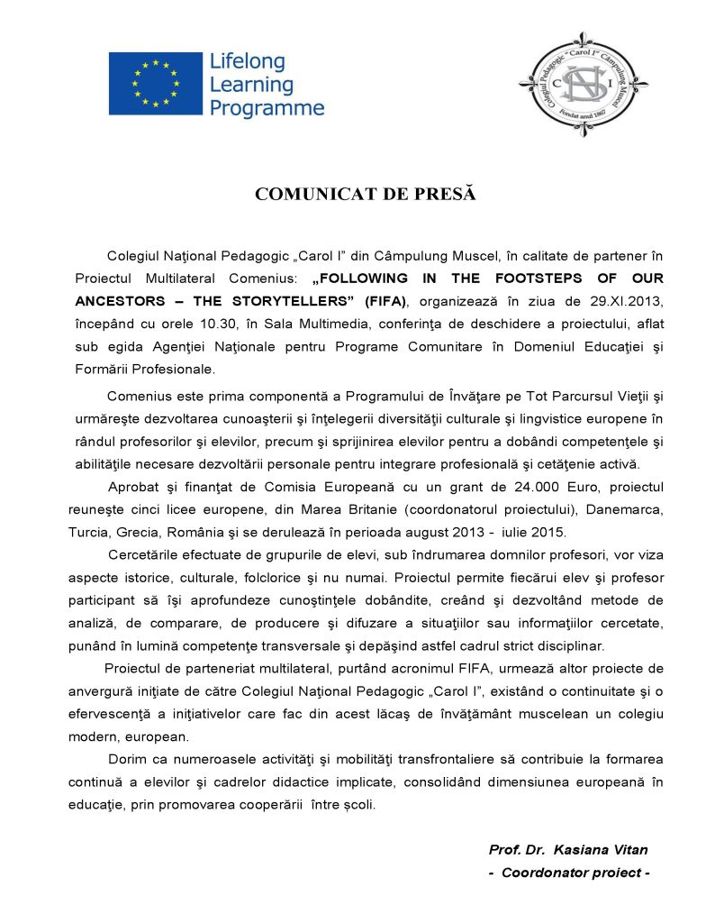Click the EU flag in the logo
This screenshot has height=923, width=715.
tap(155, 84)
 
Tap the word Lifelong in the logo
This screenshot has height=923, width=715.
tap(247, 62)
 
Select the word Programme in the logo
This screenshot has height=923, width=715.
tap(267, 109)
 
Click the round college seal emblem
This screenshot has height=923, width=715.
tap(584, 84)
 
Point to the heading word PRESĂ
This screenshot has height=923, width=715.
tap(443, 194)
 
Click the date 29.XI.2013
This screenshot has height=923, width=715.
tap(629, 300)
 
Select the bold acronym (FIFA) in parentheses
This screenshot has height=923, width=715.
tap(385, 300)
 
